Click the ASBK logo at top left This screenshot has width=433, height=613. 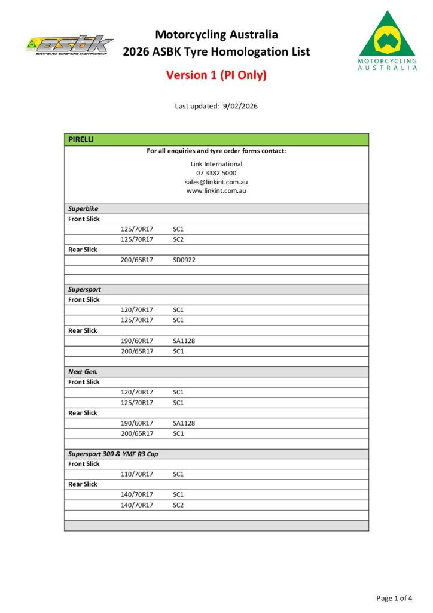click(x=69, y=45)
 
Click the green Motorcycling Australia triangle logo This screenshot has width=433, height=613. click(x=388, y=40)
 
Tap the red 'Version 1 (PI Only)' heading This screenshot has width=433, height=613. click(x=216, y=75)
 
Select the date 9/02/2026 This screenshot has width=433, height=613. click(x=240, y=106)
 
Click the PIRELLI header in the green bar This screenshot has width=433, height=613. click(x=81, y=139)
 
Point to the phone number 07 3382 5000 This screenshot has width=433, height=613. click(x=216, y=173)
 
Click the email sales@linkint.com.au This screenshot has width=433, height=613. click(x=216, y=182)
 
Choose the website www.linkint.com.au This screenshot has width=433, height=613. click(x=216, y=191)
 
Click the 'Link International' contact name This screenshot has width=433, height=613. click(x=216, y=164)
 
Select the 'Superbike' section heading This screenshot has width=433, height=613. click(x=83, y=209)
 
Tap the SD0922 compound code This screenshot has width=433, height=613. click(x=184, y=260)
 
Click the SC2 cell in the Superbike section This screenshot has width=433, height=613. click(x=178, y=239)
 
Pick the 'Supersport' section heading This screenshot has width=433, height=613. click(x=84, y=289)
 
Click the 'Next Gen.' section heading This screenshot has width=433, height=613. click(x=83, y=371)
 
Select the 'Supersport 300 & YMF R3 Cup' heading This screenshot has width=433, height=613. click(x=113, y=454)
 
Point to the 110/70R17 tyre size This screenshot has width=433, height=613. click(x=137, y=474)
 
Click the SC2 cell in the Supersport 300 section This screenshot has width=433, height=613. click(x=178, y=505)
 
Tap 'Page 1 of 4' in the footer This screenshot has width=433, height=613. click(x=394, y=597)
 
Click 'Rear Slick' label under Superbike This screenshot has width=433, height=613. click(x=83, y=250)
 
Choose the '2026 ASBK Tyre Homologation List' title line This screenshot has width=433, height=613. click(x=216, y=52)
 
